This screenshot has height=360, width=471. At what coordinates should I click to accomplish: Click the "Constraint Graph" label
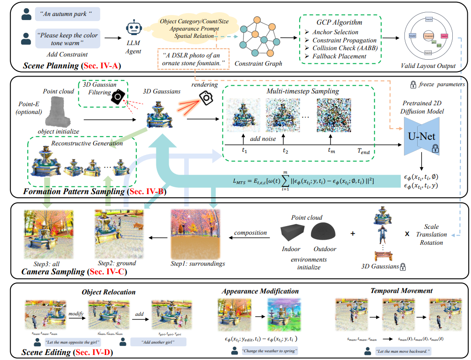point(258,63)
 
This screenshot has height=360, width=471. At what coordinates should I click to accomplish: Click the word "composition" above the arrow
point(250,232)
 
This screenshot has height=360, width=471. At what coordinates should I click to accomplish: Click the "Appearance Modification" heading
point(260,291)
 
